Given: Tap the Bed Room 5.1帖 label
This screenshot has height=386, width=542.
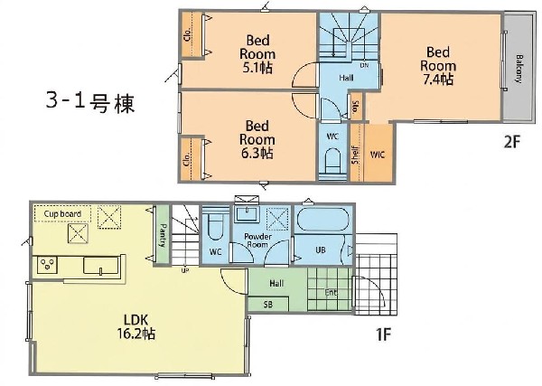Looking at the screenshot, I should click(x=257, y=53).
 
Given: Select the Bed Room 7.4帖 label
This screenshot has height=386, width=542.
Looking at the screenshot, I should click(x=437, y=65).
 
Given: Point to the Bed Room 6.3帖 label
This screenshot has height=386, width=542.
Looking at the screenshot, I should click(x=257, y=139).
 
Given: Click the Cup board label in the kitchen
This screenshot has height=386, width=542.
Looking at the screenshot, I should click(x=62, y=213).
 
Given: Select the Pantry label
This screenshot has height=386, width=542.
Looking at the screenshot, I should click(x=163, y=236).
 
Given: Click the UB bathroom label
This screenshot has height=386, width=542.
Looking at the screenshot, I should click(x=319, y=248).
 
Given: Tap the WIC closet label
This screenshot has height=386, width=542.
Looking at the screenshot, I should click(x=378, y=155).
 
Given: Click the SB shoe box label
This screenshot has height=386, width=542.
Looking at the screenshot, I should click(x=268, y=305).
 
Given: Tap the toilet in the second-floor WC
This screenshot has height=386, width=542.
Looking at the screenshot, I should click(x=332, y=162).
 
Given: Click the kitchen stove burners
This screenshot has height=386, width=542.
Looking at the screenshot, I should click(x=46, y=265).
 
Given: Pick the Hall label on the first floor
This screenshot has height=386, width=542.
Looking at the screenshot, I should click(x=276, y=283).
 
